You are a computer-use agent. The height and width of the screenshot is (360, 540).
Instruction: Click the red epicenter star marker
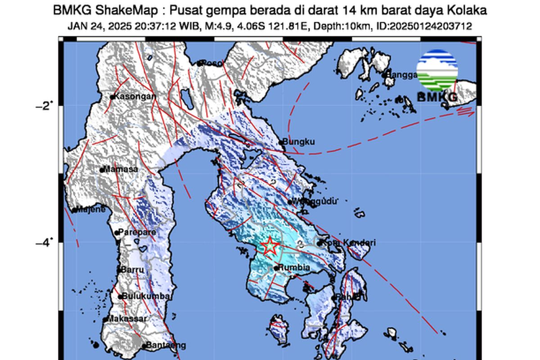click(x=270, y=246)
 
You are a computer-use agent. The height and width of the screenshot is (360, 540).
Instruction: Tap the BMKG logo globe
click(x=437, y=71)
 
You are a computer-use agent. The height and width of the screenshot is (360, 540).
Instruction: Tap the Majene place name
click(x=90, y=209)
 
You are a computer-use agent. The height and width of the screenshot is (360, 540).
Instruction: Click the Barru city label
click(x=133, y=270)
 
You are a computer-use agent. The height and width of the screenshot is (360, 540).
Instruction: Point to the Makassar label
click(x=121, y=319)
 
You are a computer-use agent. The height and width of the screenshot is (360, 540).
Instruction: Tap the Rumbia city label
click(x=295, y=268)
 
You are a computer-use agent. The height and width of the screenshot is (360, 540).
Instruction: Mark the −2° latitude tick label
click(x=44, y=106)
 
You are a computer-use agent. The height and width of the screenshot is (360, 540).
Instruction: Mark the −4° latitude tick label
click(x=44, y=243)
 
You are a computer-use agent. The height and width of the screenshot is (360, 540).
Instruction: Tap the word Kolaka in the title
click(x=468, y=10)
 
